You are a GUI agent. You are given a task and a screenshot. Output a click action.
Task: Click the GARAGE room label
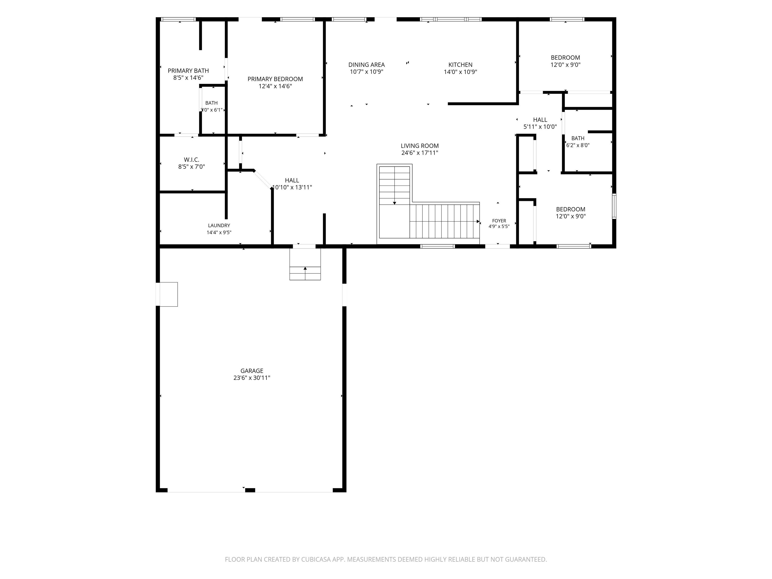point(252,371)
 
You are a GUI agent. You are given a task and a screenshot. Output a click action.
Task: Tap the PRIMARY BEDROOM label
point(275,79)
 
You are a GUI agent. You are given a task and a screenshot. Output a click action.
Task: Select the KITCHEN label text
point(460,65)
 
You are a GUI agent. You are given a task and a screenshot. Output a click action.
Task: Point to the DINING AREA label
point(366,65)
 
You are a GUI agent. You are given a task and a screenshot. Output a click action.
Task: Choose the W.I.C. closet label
point(191,160)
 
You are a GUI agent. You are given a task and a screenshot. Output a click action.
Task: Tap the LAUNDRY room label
point(219,225)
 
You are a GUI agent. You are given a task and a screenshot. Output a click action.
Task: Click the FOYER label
point(499,221)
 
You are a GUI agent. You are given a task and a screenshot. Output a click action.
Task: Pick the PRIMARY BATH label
point(188,71)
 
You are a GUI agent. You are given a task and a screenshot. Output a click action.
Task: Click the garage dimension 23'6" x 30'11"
point(252,378)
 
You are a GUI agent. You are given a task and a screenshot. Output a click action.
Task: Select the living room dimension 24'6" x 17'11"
point(419,153)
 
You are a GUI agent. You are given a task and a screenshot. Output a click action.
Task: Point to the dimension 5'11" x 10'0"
point(540,127)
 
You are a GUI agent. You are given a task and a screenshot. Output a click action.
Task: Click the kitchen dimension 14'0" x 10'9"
point(460,72)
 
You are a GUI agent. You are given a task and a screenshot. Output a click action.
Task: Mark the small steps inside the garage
point(305,264)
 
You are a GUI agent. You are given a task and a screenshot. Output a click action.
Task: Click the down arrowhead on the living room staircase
point(394,203)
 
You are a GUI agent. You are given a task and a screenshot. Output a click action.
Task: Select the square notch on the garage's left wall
point(168,294)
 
